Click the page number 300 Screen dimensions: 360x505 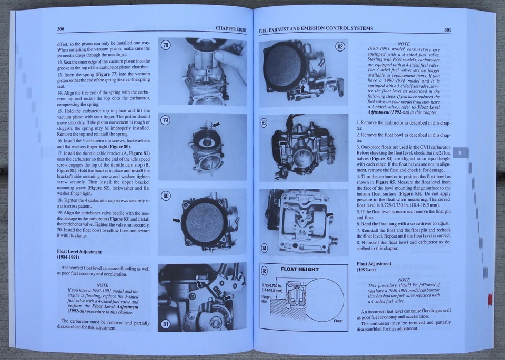[x=61, y=29]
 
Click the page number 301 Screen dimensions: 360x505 [x=447, y=30]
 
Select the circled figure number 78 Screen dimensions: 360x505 [x=166, y=46]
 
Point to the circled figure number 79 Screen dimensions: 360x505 [x=166, y=121]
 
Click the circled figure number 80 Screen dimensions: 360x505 [x=166, y=196]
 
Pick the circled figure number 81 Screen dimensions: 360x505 [x=166, y=324]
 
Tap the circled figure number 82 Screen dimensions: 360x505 [x=340, y=46]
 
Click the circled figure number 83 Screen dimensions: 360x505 [x=265, y=122]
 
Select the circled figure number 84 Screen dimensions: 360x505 [x=265, y=248]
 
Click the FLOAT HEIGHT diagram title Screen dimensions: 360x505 [x=299, y=269]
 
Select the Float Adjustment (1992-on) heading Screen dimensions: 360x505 [x=374, y=266]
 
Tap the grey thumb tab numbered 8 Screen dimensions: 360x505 [x=460, y=153]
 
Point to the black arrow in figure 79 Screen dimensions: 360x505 [x=216, y=125]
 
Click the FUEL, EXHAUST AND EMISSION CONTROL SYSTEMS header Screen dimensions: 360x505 [x=316, y=28]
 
